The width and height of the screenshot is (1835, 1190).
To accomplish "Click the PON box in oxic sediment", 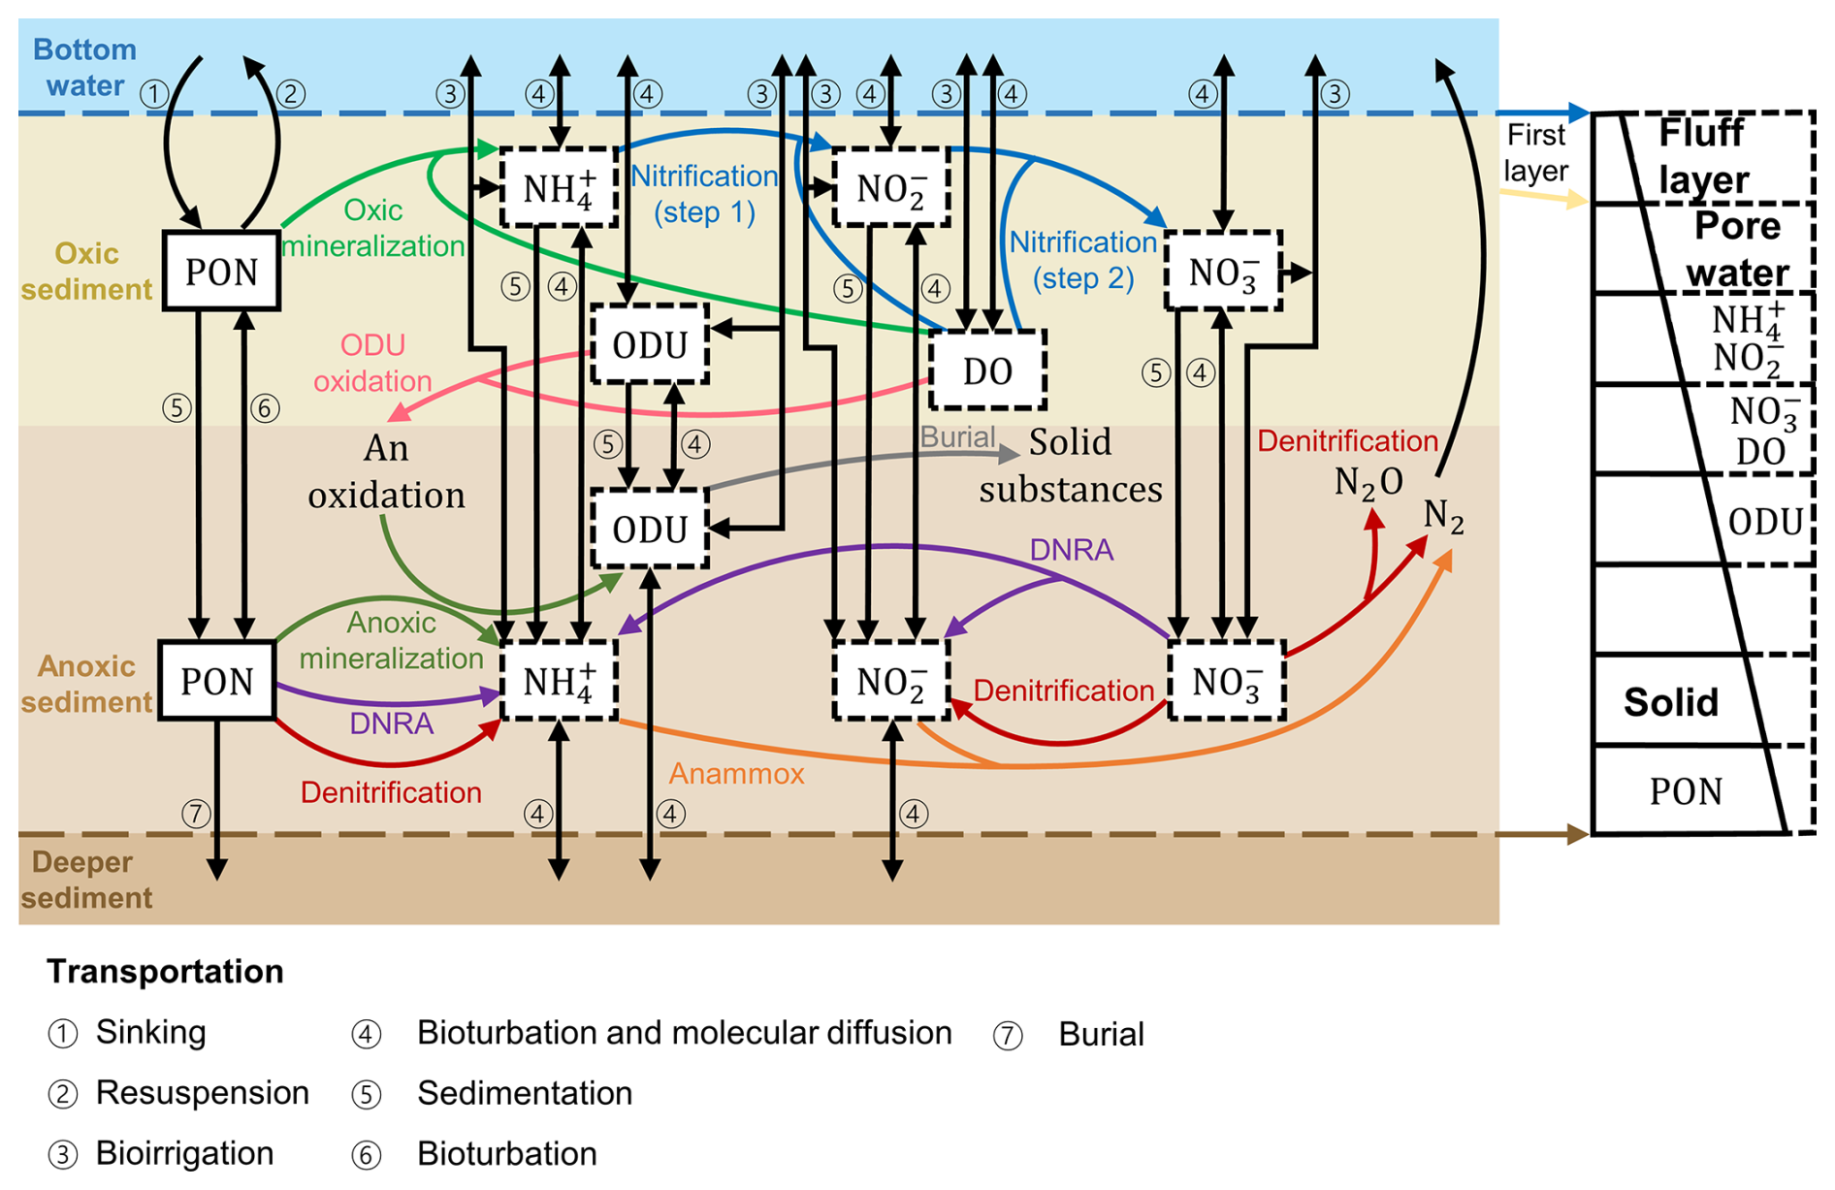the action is [x=221, y=271].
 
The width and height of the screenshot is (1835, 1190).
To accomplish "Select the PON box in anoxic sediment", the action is [x=217, y=680].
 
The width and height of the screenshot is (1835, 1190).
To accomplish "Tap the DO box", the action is [x=987, y=370].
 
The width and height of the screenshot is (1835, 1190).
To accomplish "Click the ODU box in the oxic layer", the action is [x=650, y=344].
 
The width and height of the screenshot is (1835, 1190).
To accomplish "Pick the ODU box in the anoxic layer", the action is [x=650, y=529].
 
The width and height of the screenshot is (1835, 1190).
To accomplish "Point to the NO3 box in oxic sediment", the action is [x=1224, y=272].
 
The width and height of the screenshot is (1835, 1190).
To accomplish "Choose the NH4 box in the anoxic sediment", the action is [x=559, y=680].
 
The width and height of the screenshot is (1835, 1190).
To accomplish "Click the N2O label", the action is [x=1368, y=482].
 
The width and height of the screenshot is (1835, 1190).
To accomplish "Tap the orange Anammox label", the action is [x=736, y=773].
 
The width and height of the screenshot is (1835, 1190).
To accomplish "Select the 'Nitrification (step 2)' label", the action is [x=1083, y=260].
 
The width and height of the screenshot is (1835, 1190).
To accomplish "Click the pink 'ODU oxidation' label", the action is [x=372, y=363].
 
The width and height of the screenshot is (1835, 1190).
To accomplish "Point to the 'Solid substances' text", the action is [x=1071, y=466].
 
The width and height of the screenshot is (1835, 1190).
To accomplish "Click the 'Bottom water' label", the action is [x=84, y=67].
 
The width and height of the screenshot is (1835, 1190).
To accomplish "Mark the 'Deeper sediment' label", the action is [x=85, y=880].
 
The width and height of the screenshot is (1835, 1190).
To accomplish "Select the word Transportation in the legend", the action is [x=165, y=971].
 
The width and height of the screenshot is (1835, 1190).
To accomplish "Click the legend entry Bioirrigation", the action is [x=184, y=1153].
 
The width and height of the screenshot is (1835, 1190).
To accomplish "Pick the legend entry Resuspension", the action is [x=202, y=1093].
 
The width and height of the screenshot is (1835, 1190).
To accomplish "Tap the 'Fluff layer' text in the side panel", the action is [x=1702, y=156].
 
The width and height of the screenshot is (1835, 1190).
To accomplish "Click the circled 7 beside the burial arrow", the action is [x=195, y=813].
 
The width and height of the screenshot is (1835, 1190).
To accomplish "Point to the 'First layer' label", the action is [x=1536, y=152].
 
